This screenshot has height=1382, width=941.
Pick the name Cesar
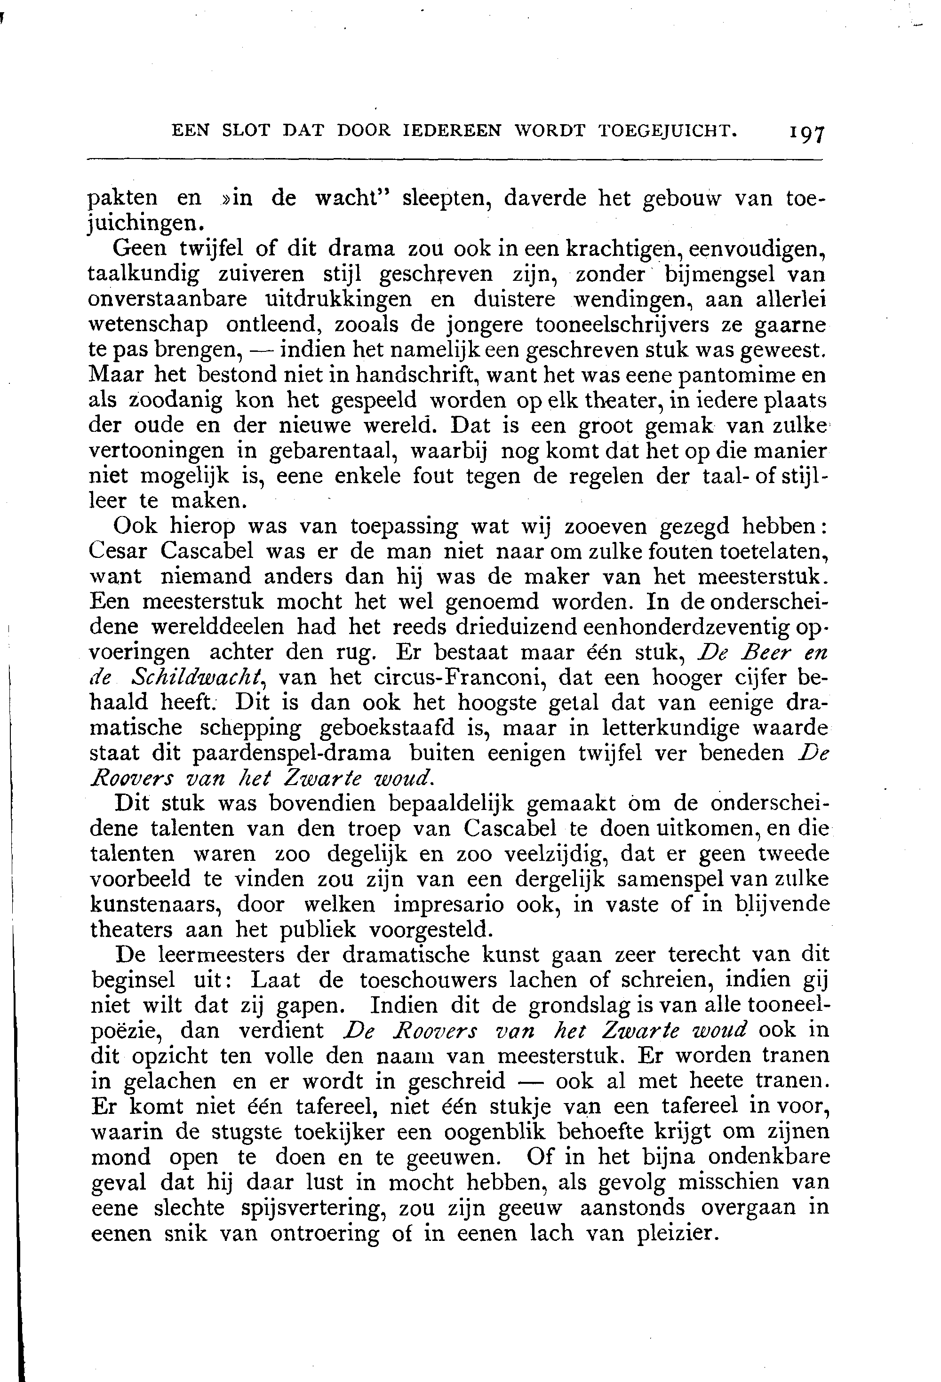point(119,551)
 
